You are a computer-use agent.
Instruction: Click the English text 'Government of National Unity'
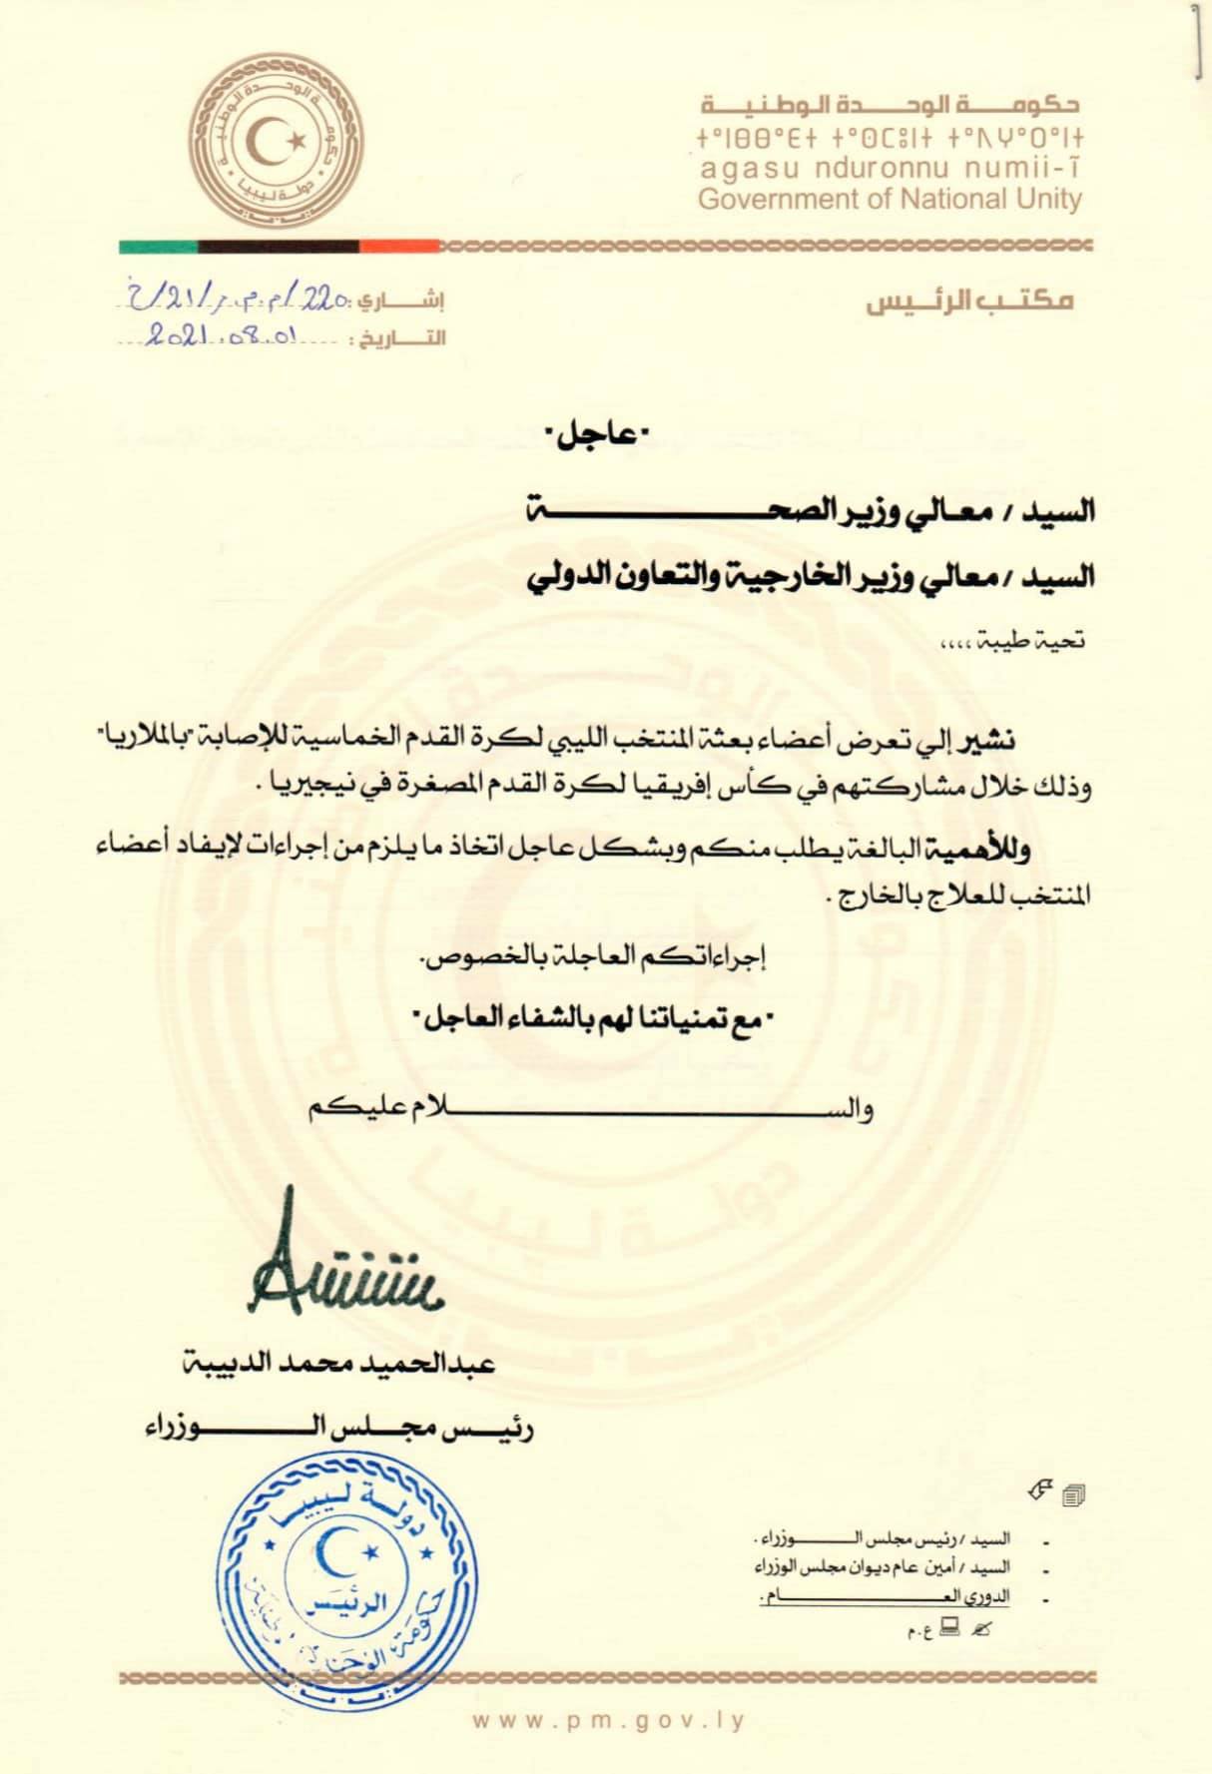(x=890, y=200)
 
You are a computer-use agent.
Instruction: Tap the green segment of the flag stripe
(x=158, y=246)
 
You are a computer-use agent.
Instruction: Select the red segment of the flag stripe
(x=399, y=246)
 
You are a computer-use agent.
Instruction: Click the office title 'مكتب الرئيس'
(x=968, y=299)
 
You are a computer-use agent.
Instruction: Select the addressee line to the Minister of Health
(x=810, y=512)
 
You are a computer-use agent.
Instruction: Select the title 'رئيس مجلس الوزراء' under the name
(x=338, y=1430)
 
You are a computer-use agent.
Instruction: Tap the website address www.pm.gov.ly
(x=609, y=1720)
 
